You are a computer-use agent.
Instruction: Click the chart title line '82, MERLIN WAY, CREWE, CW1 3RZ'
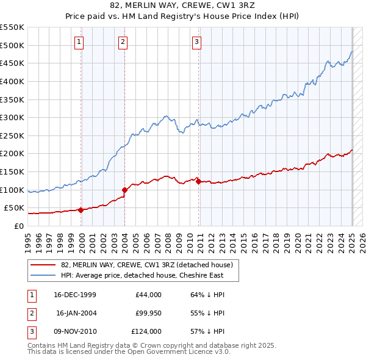click(183, 5)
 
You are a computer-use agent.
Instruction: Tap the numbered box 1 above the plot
click(80, 42)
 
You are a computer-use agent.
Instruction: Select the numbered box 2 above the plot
click(123, 42)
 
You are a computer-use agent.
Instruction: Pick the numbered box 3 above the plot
click(197, 42)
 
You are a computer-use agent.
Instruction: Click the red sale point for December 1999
click(81, 210)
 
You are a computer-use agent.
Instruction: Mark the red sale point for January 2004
click(124, 190)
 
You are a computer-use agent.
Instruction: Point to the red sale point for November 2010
click(199, 181)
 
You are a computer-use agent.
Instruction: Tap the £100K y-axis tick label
click(12, 190)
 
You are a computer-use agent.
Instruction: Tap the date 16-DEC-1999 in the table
click(75, 295)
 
